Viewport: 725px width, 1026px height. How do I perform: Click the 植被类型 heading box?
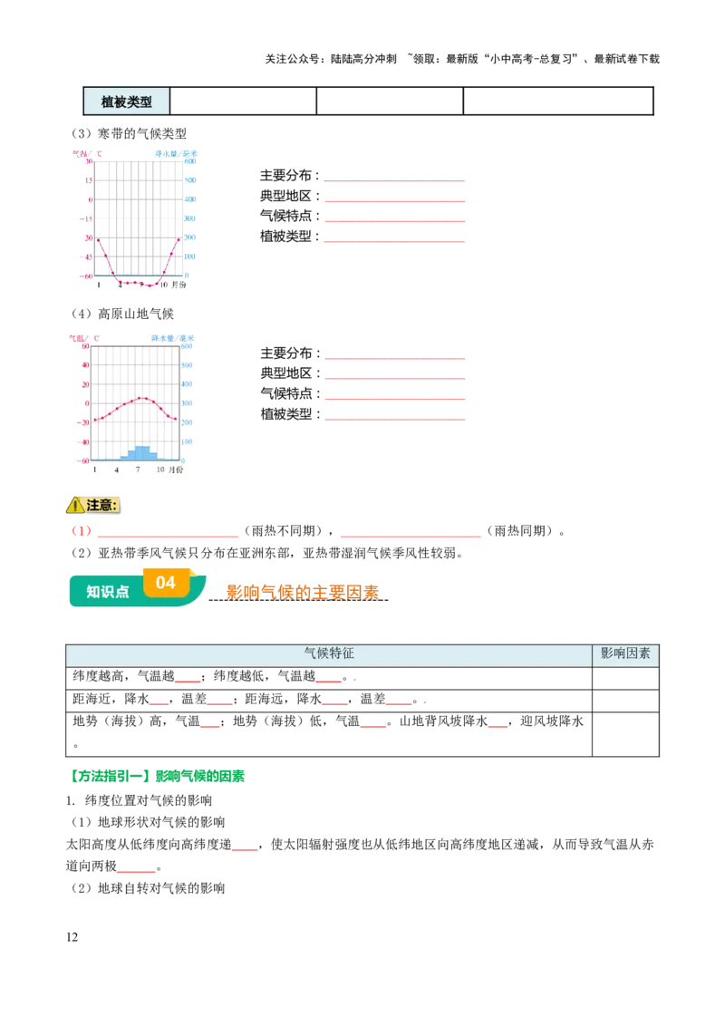(x=126, y=102)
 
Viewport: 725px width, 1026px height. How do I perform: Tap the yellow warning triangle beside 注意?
(x=75, y=506)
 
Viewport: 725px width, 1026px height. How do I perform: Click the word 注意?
(x=102, y=505)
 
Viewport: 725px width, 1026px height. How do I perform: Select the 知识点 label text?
(x=107, y=592)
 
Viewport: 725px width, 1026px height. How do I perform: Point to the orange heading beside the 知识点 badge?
(x=304, y=592)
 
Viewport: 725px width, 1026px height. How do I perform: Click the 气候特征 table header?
(x=328, y=653)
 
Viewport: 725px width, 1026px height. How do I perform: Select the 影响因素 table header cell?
(x=625, y=653)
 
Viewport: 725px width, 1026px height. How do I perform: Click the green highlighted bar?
(x=156, y=776)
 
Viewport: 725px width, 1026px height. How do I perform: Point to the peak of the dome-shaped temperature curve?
(x=140, y=398)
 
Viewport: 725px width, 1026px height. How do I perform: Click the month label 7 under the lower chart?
(x=138, y=470)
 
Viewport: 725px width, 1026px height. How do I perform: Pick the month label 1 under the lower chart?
(x=96, y=470)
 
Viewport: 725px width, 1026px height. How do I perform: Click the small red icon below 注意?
(x=82, y=530)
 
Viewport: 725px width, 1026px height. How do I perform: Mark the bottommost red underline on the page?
(x=137, y=874)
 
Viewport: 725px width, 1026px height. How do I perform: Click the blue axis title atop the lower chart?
(x=171, y=337)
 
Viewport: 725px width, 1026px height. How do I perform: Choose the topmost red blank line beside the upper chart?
(x=394, y=181)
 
